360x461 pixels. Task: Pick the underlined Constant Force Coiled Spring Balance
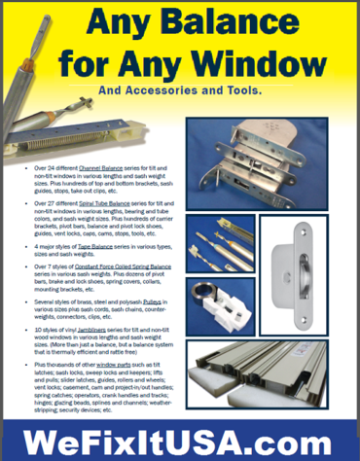tap(127, 264)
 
